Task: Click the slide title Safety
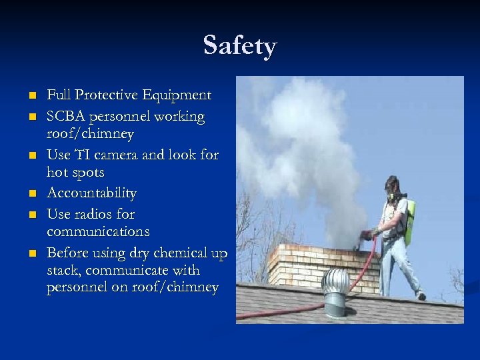[240, 46]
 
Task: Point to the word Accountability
[91, 193]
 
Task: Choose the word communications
[98, 232]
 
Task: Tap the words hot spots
[75, 173]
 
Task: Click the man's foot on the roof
[420, 296]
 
